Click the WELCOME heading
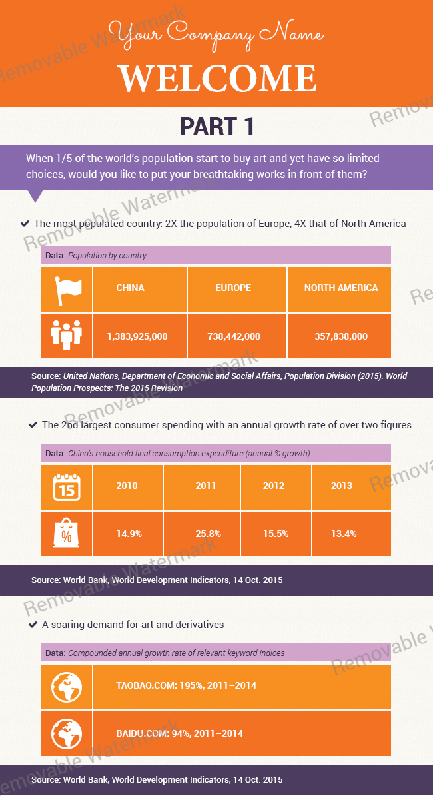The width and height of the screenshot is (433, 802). (218, 79)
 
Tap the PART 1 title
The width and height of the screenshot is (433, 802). (217, 126)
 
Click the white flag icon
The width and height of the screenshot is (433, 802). (67, 290)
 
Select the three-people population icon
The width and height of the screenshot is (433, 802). (67, 335)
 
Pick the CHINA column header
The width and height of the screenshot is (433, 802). (130, 288)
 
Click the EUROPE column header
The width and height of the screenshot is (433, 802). (233, 288)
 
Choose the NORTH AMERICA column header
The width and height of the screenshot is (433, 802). (341, 288)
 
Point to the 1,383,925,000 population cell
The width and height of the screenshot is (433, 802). (137, 336)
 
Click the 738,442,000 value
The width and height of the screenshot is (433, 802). (234, 336)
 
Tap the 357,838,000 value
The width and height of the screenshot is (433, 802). (341, 336)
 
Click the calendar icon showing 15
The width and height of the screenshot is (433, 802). (67, 487)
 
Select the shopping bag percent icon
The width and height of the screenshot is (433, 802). (66, 532)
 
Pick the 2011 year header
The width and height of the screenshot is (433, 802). (206, 486)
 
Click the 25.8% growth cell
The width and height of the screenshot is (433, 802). (208, 534)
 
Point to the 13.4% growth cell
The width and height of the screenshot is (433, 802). (344, 534)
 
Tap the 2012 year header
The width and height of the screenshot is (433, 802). (274, 486)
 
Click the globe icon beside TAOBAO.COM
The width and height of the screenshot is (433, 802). (67, 687)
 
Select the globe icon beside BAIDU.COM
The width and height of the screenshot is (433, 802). (67, 734)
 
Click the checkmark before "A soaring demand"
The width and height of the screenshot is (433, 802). (33, 625)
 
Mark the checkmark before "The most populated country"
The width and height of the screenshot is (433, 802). (25, 224)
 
